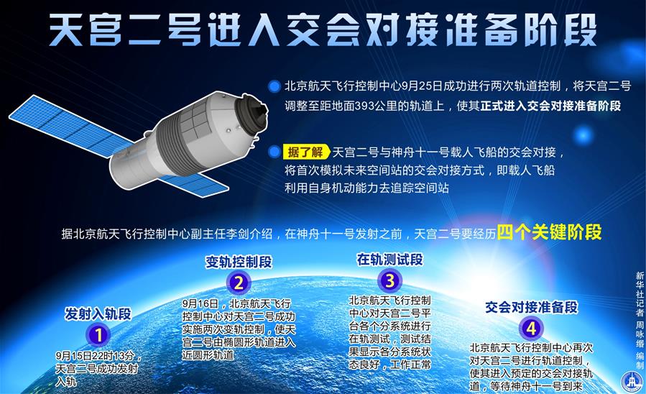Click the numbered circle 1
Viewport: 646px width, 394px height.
[98, 334]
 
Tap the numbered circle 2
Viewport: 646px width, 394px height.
[238, 283]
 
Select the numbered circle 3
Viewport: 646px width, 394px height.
[389, 280]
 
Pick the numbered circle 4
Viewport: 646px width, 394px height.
[531, 329]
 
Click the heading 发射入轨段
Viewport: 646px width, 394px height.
[98, 313]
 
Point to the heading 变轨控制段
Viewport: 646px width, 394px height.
[239, 262]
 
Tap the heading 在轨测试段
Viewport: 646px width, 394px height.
[389, 260]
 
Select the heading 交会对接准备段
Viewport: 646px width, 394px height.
[532, 308]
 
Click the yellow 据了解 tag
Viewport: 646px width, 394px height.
[306, 152]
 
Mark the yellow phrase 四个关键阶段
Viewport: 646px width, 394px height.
[549, 232]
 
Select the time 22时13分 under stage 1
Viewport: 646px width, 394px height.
[114, 356]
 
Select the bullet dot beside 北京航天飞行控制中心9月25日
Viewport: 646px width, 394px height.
[274, 86]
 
